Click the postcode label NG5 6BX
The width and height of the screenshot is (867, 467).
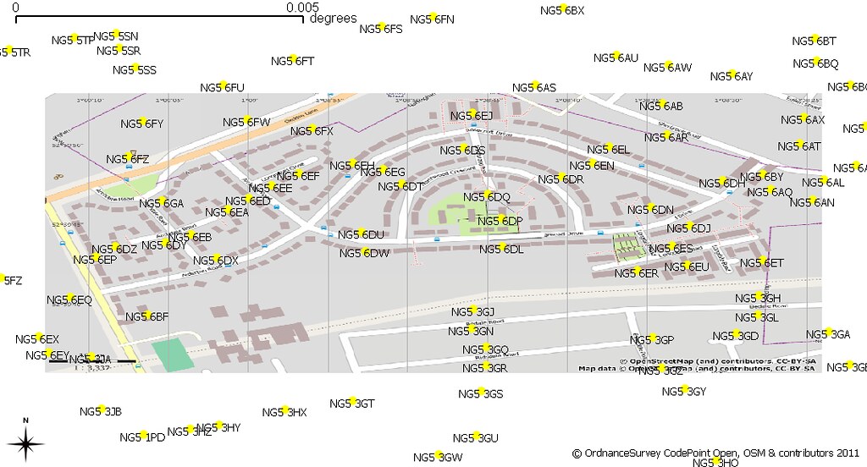coord(562,10)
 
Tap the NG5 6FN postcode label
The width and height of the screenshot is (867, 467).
coord(432,19)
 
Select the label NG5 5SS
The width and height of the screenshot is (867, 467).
coord(134,69)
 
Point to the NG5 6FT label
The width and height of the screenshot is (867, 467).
coord(292,61)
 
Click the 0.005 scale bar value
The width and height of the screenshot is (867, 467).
coord(301,7)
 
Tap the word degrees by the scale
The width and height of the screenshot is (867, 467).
coord(333,19)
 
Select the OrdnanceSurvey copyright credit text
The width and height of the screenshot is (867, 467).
coord(716,452)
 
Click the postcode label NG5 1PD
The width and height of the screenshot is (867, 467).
coord(141,437)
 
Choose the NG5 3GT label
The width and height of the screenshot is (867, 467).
coord(351,404)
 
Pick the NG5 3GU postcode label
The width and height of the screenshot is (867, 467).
coord(475,437)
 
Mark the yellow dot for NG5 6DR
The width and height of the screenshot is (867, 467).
coord(562,178)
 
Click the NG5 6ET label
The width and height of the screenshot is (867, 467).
coord(762,263)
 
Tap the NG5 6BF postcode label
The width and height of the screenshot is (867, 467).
coord(147,316)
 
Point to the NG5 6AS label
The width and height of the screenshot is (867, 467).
coord(534,87)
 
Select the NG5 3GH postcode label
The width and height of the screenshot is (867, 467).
coord(757,298)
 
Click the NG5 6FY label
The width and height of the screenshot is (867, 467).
coord(141,124)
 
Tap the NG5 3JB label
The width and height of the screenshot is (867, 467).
coord(101,411)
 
